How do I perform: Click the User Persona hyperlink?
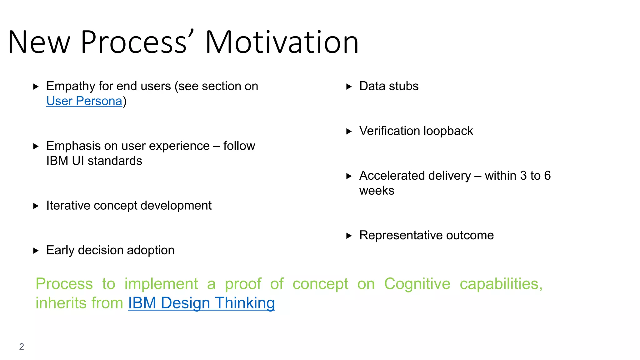[84, 101]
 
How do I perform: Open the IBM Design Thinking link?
[201, 303]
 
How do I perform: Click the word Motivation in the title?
[282, 42]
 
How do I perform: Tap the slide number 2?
[22, 346]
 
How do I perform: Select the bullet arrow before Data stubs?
[349, 87]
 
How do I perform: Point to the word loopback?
[448, 131]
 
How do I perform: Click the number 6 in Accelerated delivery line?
[547, 176]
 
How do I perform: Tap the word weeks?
[377, 191]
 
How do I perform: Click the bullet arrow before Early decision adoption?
[36, 251]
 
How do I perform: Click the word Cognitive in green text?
[417, 284]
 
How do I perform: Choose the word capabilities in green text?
[501, 284]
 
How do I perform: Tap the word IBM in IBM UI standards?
[57, 161]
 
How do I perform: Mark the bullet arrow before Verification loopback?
[349, 131]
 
